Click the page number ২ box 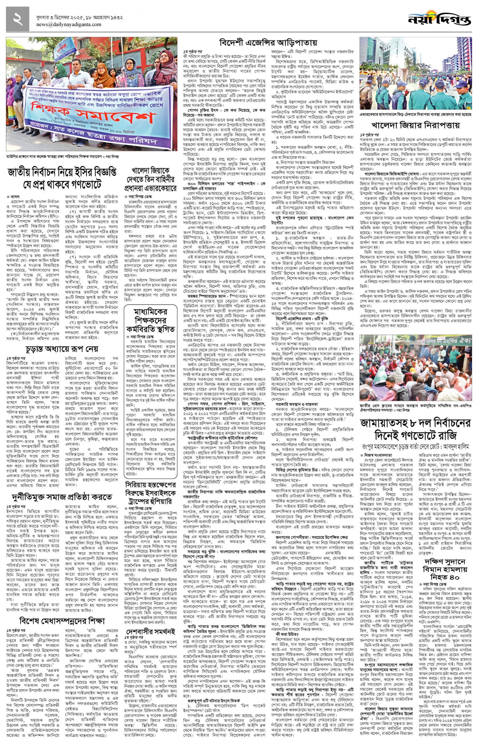(17, 19)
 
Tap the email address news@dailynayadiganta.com (69, 25)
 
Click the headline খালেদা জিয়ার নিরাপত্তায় (415, 125)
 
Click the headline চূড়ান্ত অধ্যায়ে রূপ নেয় (62, 349)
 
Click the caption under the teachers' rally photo (62, 157)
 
